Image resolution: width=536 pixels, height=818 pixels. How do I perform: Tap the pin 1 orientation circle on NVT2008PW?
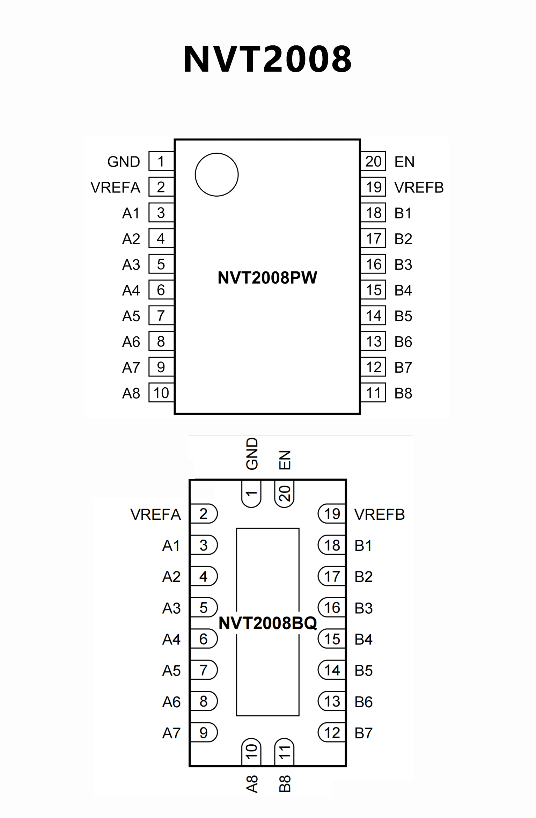point(216,175)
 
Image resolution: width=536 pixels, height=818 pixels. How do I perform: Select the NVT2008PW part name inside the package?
point(267,278)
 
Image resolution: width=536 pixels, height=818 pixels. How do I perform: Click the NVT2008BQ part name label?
point(267,623)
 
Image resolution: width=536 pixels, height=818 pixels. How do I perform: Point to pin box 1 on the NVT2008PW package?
point(161,161)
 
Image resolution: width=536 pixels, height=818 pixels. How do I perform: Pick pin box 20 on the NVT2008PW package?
point(373,161)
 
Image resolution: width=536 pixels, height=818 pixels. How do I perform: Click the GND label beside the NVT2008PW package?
point(124,162)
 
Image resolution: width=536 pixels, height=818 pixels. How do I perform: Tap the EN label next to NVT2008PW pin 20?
point(404,162)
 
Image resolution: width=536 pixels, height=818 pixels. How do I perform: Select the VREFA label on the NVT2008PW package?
point(115,188)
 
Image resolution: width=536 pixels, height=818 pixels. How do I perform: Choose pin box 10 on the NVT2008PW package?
point(161,393)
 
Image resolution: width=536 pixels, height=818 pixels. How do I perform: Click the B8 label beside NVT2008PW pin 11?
point(403,393)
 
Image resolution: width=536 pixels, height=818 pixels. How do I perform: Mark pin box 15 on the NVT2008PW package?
point(373,290)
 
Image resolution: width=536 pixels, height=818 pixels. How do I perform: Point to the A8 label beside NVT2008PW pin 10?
point(131,393)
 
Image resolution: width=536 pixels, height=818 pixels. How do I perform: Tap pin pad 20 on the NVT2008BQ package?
point(285,494)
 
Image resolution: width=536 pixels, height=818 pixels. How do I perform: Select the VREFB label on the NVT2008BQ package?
point(380,514)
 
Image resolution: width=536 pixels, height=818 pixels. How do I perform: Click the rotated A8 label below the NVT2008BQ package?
point(252,784)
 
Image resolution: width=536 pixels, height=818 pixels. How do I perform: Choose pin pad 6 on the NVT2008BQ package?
point(204,639)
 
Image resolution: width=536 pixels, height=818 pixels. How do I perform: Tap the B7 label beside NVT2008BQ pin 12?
point(364,733)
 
